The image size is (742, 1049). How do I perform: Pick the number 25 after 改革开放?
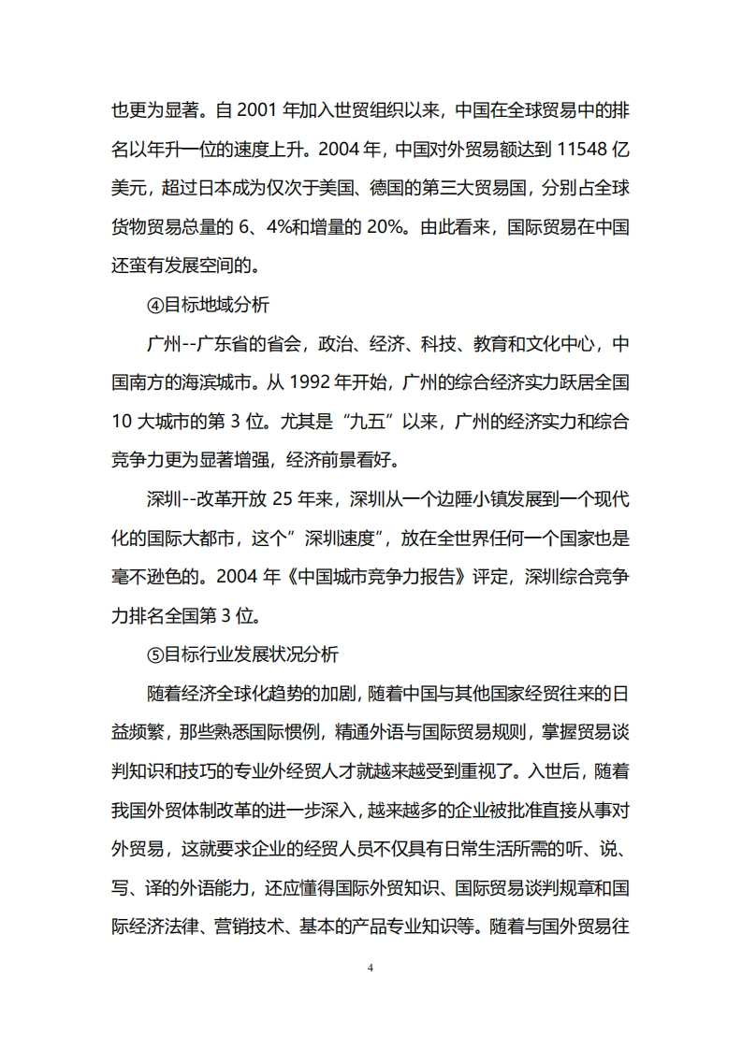[282, 499]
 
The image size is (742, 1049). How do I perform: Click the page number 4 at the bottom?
[371, 968]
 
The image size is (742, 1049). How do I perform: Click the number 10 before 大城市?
[124, 422]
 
